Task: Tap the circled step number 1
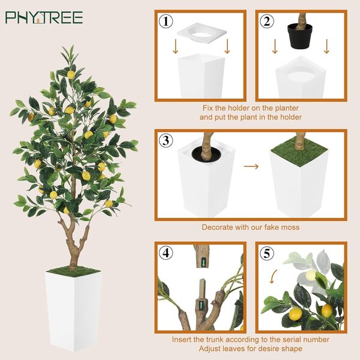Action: click(x=166, y=21)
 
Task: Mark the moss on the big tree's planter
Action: click(x=73, y=270)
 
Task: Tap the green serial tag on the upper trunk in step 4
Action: click(x=203, y=262)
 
